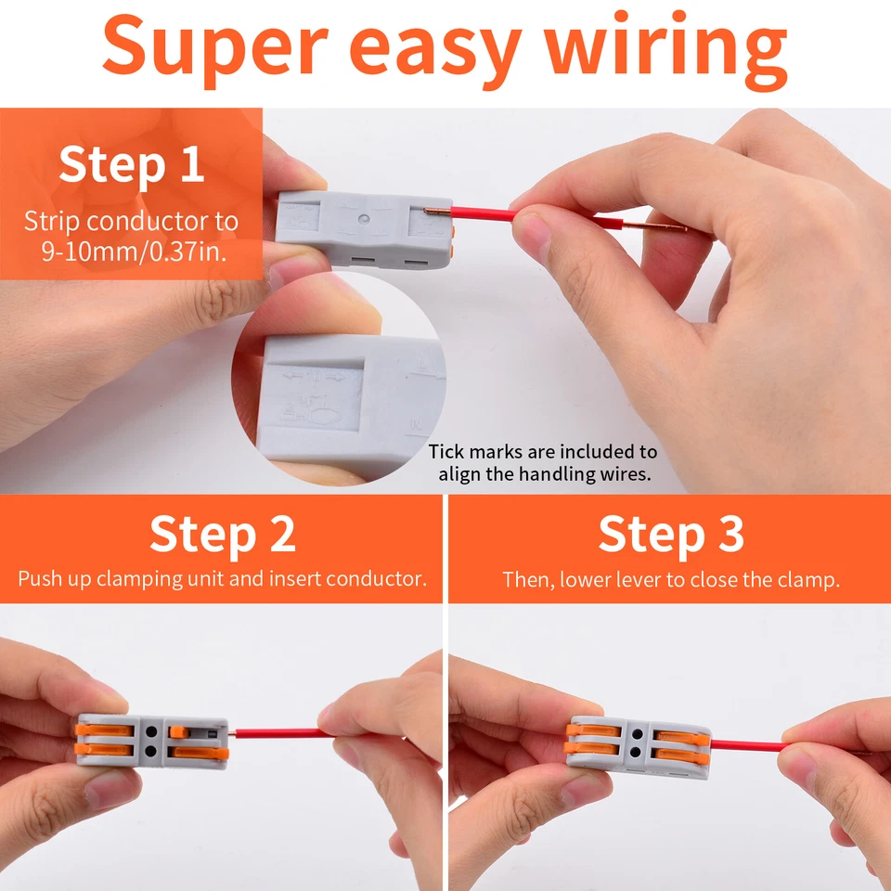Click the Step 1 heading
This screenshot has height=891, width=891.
(x=131, y=164)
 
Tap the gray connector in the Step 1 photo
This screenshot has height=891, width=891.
(x=362, y=227)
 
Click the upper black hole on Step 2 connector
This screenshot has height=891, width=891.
(x=153, y=729)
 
